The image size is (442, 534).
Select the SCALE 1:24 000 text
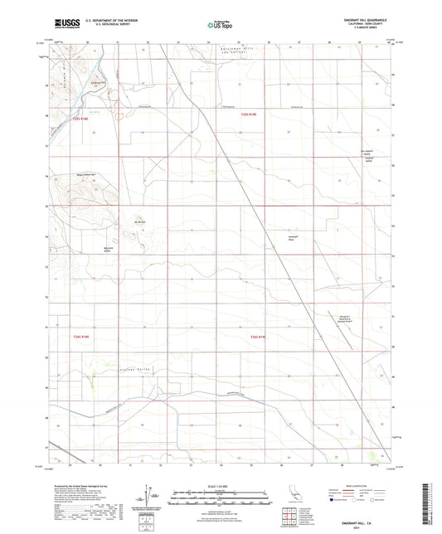click(x=221, y=485)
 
